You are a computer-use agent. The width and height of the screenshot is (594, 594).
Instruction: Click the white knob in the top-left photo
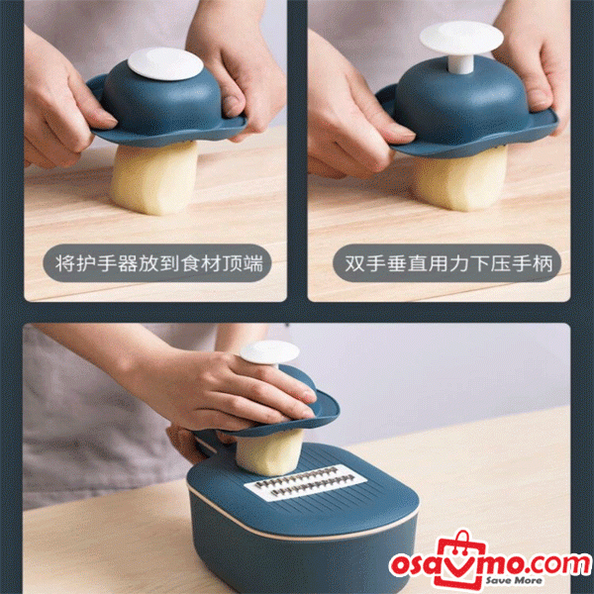(x=164, y=63)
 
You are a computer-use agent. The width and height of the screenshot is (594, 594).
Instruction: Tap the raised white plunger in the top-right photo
(x=460, y=41)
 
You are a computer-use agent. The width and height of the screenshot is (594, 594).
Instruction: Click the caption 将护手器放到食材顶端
(x=157, y=264)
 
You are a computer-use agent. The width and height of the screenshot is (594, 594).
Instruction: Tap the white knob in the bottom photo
(x=270, y=352)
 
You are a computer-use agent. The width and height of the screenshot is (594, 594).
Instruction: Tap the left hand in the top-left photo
(x=59, y=109)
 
